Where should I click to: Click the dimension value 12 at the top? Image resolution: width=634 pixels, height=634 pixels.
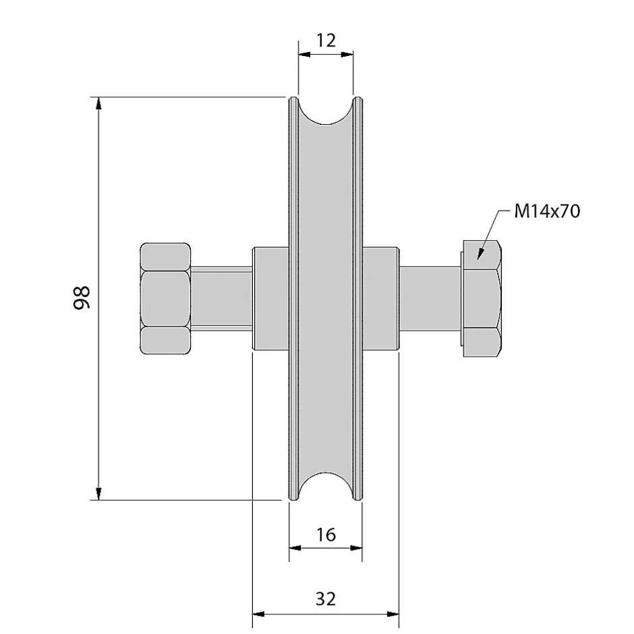[x=326, y=40]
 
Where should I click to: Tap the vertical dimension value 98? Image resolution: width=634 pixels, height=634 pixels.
[x=82, y=298]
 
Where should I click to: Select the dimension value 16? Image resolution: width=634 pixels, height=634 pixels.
[x=326, y=535]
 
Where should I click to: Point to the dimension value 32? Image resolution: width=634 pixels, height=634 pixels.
[x=326, y=599]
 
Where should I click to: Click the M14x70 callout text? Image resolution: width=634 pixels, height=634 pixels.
[x=547, y=211]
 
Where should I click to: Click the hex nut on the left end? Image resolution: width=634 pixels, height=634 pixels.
[x=165, y=298]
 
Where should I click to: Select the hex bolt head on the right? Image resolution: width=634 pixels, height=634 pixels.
[x=482, y=298]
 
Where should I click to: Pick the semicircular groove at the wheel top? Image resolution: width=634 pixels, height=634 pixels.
[x=326, y=111]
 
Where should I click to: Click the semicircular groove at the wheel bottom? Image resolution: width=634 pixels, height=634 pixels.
[x=326, y=486]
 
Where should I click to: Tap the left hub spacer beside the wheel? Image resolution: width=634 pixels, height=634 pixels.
[x=270, y=298]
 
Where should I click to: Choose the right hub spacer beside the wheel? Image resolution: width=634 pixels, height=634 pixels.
[x=381, y=298]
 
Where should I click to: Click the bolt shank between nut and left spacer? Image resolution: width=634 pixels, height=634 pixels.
[x=222, y=298]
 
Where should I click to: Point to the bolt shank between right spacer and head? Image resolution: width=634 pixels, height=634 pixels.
[x=430, y=298]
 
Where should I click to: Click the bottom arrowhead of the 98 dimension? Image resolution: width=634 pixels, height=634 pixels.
[x=98, y=494]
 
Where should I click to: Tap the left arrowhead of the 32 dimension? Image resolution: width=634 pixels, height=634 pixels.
[x=258, y=614]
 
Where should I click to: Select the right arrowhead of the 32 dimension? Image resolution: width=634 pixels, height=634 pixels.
[x=393, y=614]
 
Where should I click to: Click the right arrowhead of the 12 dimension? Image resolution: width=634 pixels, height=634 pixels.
[x=347, y=54]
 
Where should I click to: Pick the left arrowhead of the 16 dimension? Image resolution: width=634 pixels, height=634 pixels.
[x=295, y=548]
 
